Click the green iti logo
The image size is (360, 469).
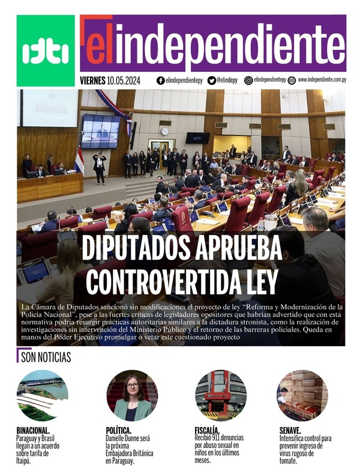click(46, 50)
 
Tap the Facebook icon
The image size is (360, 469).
click(160, 80)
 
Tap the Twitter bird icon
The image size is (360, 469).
click(211, 80)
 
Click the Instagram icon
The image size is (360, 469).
click(248, 80)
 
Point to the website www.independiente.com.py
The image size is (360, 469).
click(321, 80)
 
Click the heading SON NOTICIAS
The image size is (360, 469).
click(46, 358)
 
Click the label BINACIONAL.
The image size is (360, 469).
click(33, 431)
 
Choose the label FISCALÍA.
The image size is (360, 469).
click(207, 431)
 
